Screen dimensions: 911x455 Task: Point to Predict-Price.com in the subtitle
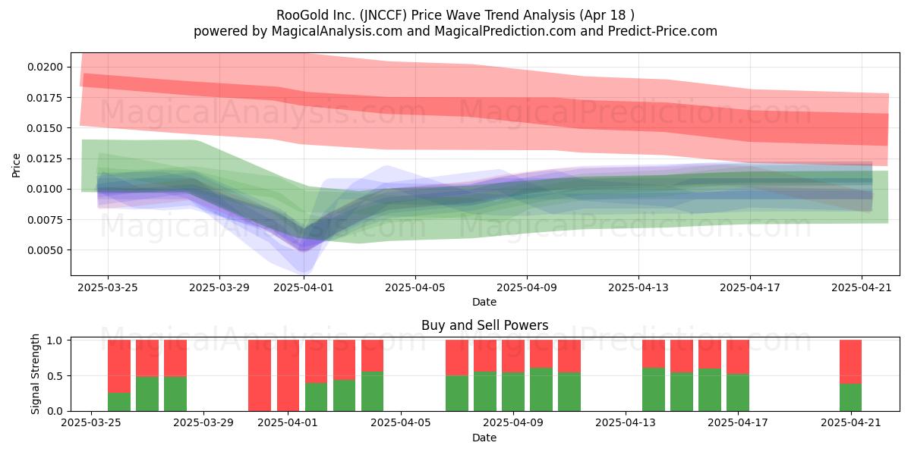(x=663, y=31)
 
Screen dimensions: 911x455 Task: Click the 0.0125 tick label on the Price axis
(x=45, y=158)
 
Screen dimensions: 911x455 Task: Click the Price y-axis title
(x=16, y=165)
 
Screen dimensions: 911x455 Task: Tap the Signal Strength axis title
(x=36, y=374)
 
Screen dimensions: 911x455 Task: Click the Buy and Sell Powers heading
(x=485, y=325)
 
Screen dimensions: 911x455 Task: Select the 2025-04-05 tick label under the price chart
(x=415, y=287)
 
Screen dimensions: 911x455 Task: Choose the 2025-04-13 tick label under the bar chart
(x=626, y=423)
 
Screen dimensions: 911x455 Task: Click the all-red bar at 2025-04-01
(x=288, y=375)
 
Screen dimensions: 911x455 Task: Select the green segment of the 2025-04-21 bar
(x=850, y=397)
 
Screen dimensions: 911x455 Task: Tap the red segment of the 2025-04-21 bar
(x=850, y=362)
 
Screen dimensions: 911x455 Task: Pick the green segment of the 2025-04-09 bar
(x=513, y=391)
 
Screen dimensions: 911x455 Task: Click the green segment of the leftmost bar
(x=119, y=402)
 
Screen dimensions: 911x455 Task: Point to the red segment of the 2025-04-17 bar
(x=738, y=357)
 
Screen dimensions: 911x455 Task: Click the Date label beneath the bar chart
(x=484, y=438)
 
